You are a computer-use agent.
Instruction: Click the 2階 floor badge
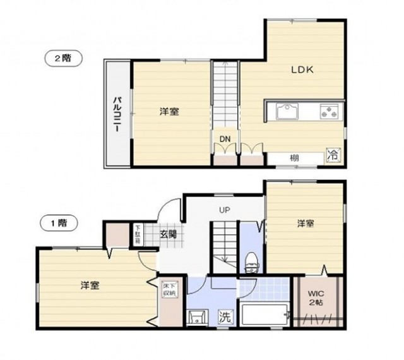pos(64,59)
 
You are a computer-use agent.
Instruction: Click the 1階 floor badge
pos(59,223)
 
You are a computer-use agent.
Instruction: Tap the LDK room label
pos(302,69)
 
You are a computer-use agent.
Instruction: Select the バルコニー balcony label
pos(118,114)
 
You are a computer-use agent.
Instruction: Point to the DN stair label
pos(225,139)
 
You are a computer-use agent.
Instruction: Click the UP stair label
pos(225,210)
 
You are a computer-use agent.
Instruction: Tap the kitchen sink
pos(287,111)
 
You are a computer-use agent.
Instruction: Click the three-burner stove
pos(330,111)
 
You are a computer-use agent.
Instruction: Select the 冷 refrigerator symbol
pos(333,155)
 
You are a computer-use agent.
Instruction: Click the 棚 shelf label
pos(295,158)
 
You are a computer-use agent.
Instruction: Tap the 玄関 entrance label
pos(169,234)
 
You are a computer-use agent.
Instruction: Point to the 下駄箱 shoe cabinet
pos(138,234)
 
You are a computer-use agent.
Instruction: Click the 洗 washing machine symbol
pos(225,316)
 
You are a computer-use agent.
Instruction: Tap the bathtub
pos(264,315)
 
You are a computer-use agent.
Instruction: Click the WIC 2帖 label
pos(316,298)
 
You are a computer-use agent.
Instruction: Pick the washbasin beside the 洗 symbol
pos(198,316)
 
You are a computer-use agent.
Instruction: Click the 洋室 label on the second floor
pos(169,112)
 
